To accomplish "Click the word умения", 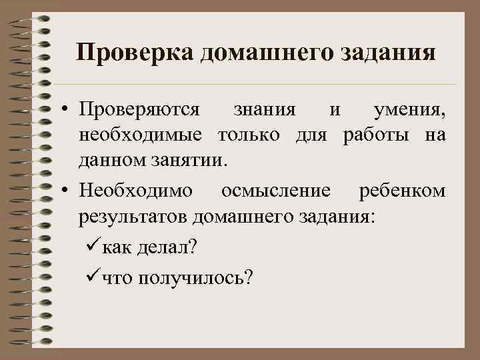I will tap(409, 109).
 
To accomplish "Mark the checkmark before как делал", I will tap(93, 247).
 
